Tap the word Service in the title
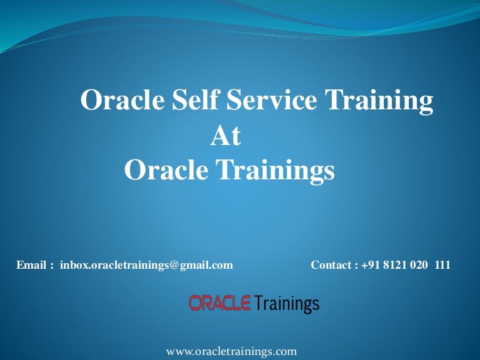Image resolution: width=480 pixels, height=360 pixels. click(x=271, y=99)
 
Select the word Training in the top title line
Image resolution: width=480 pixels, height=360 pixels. click(x=379, y=102)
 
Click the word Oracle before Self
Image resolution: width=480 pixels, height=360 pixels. click(x=122, y=99)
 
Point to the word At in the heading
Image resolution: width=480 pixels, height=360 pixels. click(x=226, y=136)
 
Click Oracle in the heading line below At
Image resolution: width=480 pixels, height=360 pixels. click(x=166, y=169)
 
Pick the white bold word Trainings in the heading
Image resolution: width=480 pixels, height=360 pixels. click(x=276, y=171)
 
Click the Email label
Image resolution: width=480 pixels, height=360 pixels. click(x=31, y=265)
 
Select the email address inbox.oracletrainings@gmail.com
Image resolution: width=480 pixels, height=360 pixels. click(x=146, y=265)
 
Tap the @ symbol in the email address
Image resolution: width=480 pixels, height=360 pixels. click(x=174, y=266)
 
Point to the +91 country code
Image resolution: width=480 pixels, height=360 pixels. click(x=371, y=265)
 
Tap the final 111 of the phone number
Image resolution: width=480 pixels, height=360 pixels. click(x=442, y=265)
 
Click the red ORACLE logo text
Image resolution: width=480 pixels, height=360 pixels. click(x=220, y=302)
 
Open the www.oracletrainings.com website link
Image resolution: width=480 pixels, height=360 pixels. click(x=231, y=351)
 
